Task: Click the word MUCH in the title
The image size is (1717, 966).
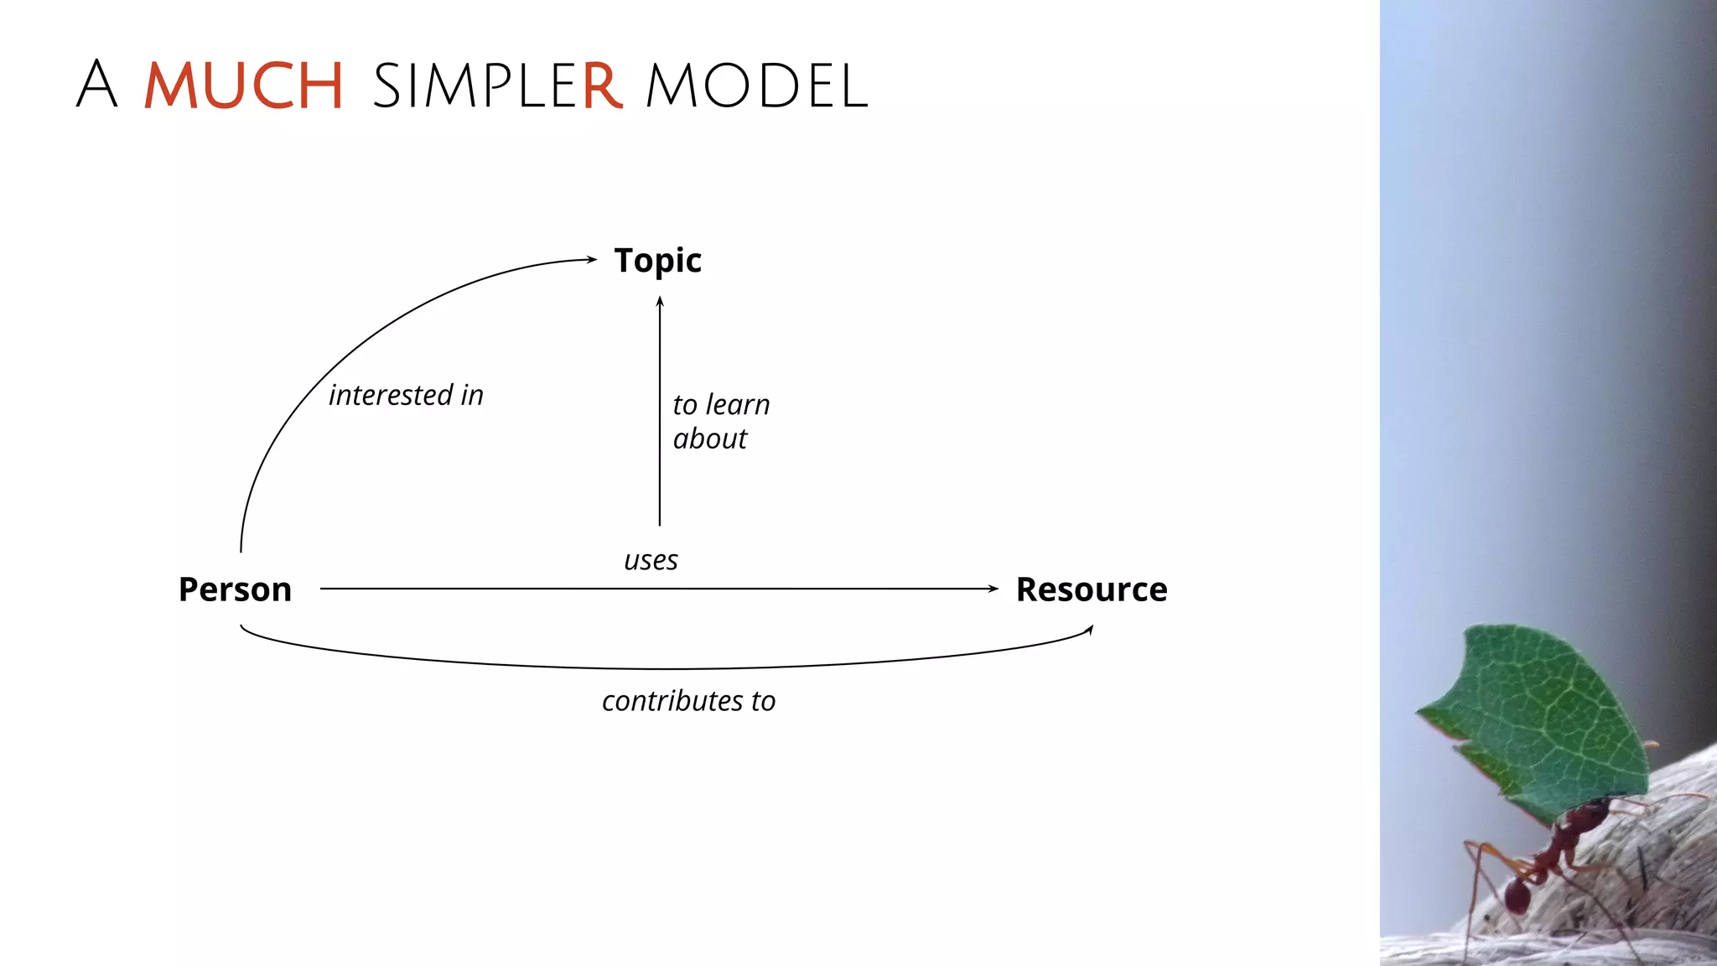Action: coord(243,86)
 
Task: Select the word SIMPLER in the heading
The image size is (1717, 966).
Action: coord(496,86)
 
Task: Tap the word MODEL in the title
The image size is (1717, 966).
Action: coord(756,86)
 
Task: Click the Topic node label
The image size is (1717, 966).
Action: coord(657,261)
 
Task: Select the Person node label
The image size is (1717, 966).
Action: coord(235,589)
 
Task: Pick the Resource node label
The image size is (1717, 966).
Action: coord(1091,589)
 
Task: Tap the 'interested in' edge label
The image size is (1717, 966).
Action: coord(406,395)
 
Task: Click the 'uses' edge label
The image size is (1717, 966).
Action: coord(651,560)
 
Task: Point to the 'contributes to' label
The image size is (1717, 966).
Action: coord(688,701)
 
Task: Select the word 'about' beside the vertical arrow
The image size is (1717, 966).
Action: coord(709,439)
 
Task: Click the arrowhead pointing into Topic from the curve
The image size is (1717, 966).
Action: coord(592,259)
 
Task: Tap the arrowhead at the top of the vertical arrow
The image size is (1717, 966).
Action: coord(660,302)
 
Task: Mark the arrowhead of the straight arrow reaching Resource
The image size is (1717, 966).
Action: coord(993,589)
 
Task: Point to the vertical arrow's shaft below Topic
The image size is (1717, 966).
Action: coord(660,419)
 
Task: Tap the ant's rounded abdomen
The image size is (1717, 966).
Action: coord(1516,896)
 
